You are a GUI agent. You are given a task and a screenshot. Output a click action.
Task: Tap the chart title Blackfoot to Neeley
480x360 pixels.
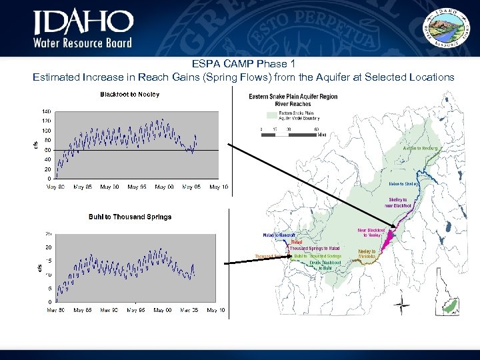point(129,95)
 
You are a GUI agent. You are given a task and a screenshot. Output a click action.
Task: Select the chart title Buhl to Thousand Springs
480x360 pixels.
point(130,217)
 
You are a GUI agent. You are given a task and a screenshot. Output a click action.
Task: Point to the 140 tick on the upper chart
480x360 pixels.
point(47,111)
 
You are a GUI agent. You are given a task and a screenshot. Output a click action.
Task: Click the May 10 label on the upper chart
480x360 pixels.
point(219,187)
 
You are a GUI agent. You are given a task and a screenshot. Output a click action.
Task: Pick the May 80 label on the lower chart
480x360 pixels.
point(55,310)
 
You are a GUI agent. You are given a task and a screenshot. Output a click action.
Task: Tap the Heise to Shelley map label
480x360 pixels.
point(403,184)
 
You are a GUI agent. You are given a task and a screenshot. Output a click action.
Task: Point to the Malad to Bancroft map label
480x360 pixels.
point(278,235)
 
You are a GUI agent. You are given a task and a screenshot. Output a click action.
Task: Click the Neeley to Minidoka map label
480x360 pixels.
point(367,254)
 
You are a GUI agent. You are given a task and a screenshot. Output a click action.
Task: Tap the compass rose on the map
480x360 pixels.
point(401,308)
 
